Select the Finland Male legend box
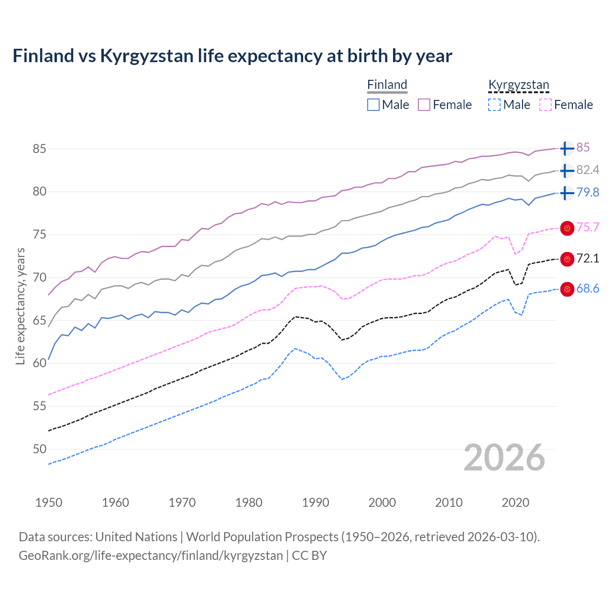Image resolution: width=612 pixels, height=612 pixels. pyautogui.click(x=373, y=105)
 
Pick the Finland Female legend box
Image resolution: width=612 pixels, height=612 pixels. pyautogui.click(x=424, y=105)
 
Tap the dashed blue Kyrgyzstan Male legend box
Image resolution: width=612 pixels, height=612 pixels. pyautogui.click(x=494, y=105)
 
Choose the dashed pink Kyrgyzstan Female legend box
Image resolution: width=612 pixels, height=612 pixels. pyautogui.click(x=546, y=105)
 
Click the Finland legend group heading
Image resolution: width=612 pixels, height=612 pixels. pyautogui.click(x=387, y=85)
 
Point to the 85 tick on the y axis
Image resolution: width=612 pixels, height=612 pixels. pyautogui.click(x=39, y=149)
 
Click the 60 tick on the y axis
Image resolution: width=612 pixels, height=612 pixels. pyautogui.click(x=39, y=363)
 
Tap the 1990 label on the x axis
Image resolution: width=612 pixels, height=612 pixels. pyautogui.click(x=316, y=503)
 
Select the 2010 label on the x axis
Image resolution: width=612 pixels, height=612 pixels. pyautogui.click(x=448, y=503)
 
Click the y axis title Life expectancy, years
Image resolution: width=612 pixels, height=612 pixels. pyautogui.click(x=20, y=306)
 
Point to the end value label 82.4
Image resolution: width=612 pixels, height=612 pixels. pyautogui.click(x=588, y=170)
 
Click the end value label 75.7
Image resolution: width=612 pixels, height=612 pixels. pyautogui.click(x=588, y=227)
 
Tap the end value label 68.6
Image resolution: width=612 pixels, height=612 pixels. pyautogui.click(x=588, y=288)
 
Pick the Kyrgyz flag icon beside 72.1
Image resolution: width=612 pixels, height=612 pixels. pyautogui.click(x=567, y=259)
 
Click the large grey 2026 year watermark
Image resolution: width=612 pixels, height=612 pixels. pyautogui.click(x=504, y=458)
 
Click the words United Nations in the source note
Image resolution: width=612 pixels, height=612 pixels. pyautogui.click(x=136, y=537)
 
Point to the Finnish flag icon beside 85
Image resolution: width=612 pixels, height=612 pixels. pyautogui.click(x=567, y=148)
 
